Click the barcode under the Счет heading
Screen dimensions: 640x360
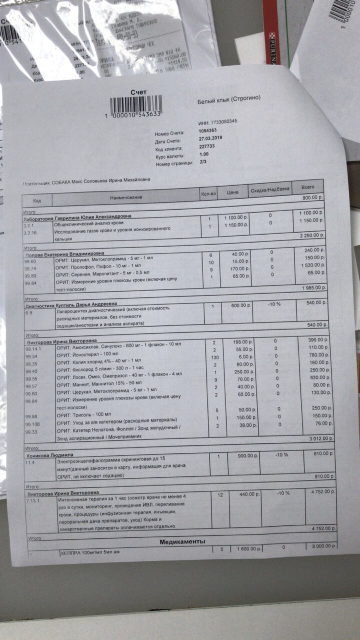pyautogui.click(x=136, y=105)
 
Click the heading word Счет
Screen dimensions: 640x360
pyautogui.click(x=139, y=92)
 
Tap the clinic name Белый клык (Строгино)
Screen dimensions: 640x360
pyautogui.click(x=229, y=99)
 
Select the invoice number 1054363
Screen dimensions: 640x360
pyautogui.click(x=207, y=130)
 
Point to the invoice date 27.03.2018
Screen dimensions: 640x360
pyautogui.click(x=209, y=138)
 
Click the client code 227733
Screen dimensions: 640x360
pyautogui.click(x=206, y=146)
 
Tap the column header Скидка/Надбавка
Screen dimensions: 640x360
pyautogui.click(x=270, y=190)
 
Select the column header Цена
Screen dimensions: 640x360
pyautogui.click(x=232, y=192)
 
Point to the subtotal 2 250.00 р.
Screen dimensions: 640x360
pyautogui.click(x=312, y=236)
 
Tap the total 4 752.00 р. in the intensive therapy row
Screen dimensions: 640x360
pyautogui.click(x=323, y=492)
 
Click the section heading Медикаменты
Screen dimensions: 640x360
pyautogui.click(x=182, y=542)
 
